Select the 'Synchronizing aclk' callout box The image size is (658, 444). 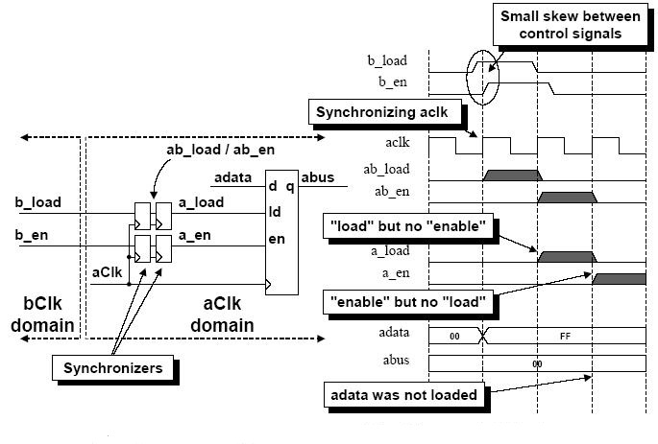click(x=387, y=112)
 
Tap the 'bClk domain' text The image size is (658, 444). click(x=42, y=316)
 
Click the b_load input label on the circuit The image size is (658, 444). click(x=38, y=203)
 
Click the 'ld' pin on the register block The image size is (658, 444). click(x=276, y=210)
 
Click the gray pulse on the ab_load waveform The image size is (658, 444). click(x=511, y=176)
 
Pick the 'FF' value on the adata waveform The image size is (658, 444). click(x=565, y=338)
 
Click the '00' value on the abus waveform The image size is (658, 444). click(x=538, y=364)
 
